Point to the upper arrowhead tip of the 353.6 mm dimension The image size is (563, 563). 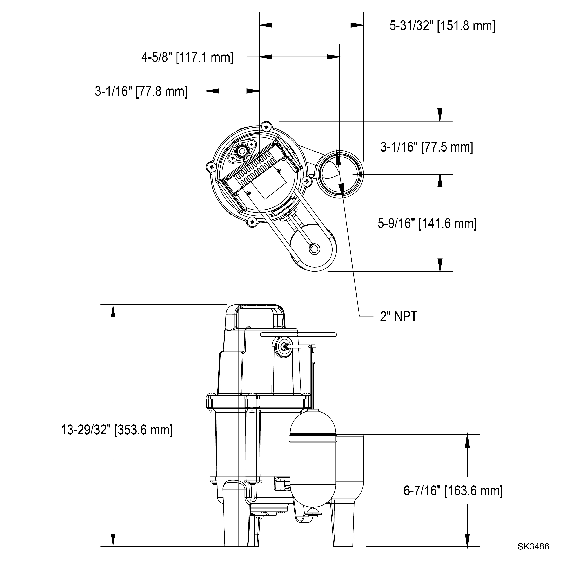click(x=113, y=305)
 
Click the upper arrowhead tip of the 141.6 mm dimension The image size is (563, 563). click(x=440, y=174)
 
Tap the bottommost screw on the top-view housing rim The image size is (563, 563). click(x=252, y=222)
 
